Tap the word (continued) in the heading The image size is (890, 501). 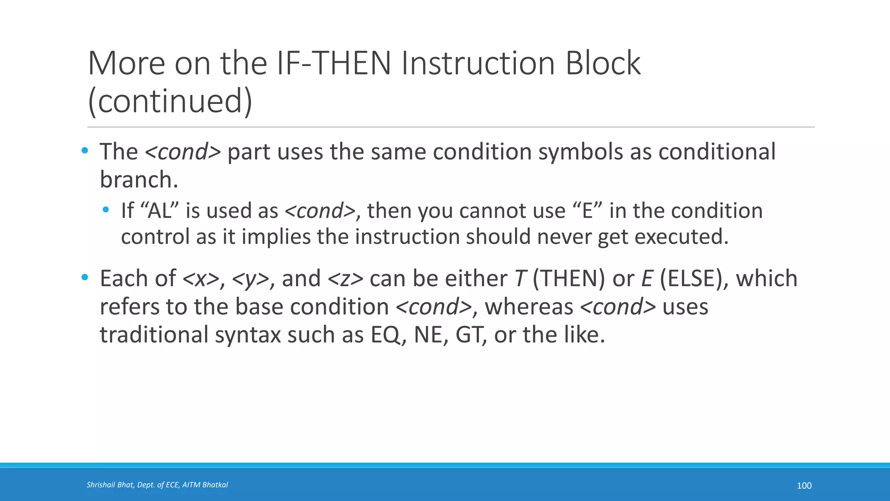(170, 101)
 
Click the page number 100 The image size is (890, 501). (804, 486)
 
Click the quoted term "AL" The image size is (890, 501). (160, 211)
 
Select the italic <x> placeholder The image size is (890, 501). (201, 279)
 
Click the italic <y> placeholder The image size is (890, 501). (251, 279)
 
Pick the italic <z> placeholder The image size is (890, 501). (345, 279)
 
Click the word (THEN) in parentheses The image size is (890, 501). (568, 279)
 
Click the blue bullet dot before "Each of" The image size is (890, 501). (85, 277)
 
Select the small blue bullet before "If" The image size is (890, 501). (106, 210)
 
